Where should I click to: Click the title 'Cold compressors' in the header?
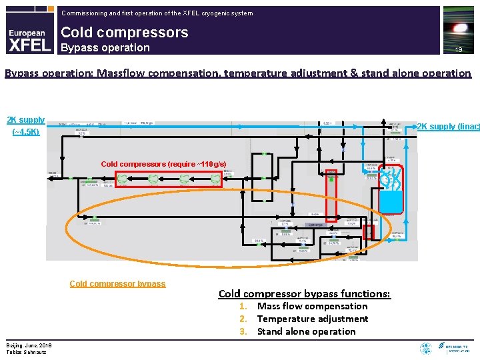[x=124, y=32]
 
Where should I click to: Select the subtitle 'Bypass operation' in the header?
[x=105, y=47]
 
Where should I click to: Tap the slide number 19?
[x=459, y=49]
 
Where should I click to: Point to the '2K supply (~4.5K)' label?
[x=26, y=125]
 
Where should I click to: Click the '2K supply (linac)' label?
[x=448, y=126]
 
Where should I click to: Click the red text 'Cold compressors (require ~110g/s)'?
[x=163, y=164]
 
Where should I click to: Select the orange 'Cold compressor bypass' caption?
[x=117, y=283]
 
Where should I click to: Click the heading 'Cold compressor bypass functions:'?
[x=304, y=293]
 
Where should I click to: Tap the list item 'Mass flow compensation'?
[x=312, y=306]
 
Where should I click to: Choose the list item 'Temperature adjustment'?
[x=312, y=319]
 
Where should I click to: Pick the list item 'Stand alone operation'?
[x=306, y=331]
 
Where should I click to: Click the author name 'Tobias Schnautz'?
[x=27, y=352]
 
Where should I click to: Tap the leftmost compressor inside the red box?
[x=124, y=179]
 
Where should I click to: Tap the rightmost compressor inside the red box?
[x=215, y=179]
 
